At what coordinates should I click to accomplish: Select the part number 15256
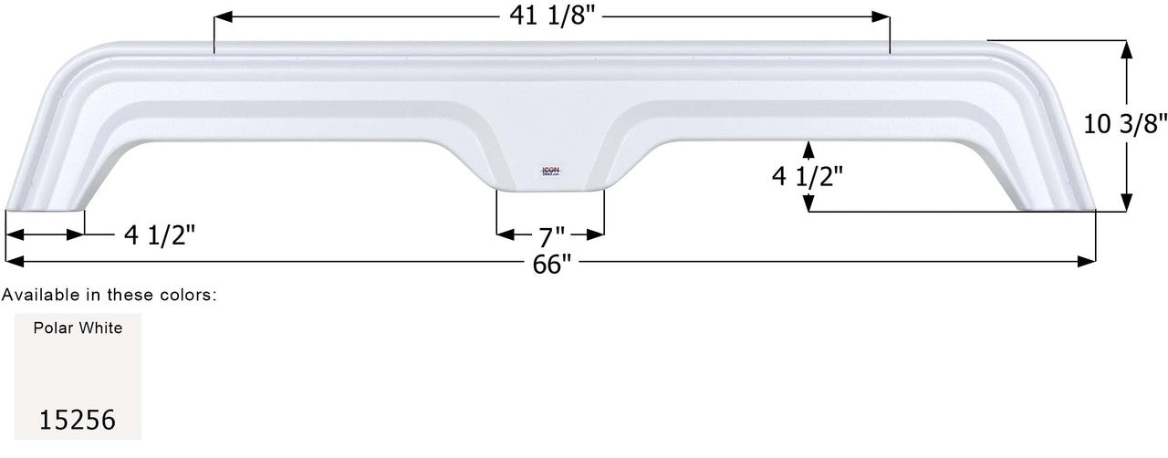78,420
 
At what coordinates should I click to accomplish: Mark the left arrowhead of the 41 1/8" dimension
222,17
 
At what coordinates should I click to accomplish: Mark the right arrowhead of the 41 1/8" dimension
881,17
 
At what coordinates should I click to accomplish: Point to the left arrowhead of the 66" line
13,262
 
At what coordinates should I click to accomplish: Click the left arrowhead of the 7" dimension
505,234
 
